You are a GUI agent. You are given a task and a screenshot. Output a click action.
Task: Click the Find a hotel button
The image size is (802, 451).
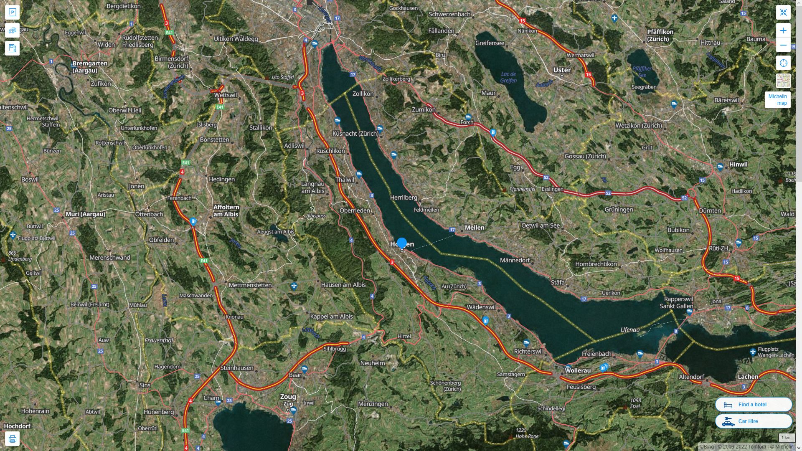tap(753, 404)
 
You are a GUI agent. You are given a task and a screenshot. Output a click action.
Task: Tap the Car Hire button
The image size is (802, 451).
tap(753, 421)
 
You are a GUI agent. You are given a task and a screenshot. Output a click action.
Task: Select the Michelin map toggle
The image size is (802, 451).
tap(777, 100)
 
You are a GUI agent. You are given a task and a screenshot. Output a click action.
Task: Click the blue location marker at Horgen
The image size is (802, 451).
tap(402, 243)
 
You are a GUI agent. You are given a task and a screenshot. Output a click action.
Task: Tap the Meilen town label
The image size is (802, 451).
tap(475, 228)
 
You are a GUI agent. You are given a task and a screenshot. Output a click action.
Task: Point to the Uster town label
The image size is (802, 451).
tap(562, 70)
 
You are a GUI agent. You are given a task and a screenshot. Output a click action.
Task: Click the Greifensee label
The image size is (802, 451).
tap(490, 43)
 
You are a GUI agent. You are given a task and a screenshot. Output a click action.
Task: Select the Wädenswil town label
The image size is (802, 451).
tap(481, 307)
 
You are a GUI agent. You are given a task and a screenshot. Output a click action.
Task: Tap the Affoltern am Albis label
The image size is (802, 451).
tap(226, 210)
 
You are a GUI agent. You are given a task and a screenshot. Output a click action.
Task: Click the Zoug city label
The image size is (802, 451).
tap(288, 397)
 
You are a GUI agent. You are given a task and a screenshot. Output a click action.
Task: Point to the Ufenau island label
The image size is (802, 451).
tap(630, 330)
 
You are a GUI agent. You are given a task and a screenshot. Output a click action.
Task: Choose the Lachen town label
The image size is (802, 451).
tap(748, 377)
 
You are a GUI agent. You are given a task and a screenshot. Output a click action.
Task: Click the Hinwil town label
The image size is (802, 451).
tap(738, 165)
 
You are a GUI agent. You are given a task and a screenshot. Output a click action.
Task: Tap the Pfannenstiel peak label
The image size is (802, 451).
tap(522, 189)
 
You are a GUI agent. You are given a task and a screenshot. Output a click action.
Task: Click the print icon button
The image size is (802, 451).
tap(12, 439)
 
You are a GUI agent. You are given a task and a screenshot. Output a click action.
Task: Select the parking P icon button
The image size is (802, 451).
tap(12, 12)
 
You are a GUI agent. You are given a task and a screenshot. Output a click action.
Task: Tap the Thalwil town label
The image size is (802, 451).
tap(345, 180)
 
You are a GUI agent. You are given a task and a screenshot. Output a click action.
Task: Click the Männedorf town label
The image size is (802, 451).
tap(515, 260)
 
